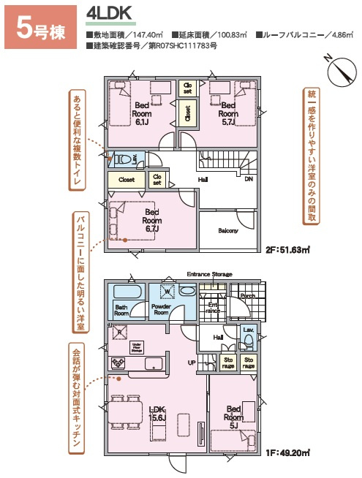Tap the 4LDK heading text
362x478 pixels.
(x=108, y=14)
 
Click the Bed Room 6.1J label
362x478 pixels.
(x=143, y=113)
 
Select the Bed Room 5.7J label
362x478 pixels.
(x=228, y=113)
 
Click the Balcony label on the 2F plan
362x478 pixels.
(x=228, y=231)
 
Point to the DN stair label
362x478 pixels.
(x=248, y=178)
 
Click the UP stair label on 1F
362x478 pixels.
(x=192, y=363)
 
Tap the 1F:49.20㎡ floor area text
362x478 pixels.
(x=290, y=452)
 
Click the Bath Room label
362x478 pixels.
(x=121, y=309)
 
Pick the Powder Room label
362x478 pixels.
(x=160, y=309)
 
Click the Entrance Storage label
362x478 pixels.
(x=209, y=274)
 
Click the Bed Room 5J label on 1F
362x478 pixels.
(x=234, y=417)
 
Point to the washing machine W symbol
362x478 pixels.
(x=167, y=291)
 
